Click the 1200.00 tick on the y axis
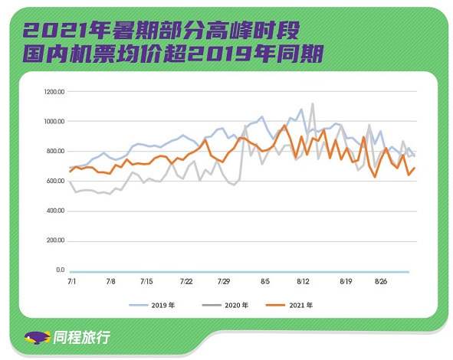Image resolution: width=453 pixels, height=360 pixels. [54, 92]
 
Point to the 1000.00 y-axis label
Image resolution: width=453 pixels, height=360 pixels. [54, 122]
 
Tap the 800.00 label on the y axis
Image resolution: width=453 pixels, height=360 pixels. [55, 151]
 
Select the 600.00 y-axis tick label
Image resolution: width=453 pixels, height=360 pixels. [55, 181]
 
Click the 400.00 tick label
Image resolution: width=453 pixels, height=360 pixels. [55, 211]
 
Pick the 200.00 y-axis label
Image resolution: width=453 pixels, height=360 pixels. [55, 241]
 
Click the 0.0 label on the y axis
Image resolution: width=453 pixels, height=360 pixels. [61, 270]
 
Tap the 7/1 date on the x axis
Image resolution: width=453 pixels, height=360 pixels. [71, 281]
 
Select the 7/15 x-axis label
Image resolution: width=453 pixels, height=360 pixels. [146, 281]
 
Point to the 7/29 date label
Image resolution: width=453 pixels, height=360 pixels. [224, 281]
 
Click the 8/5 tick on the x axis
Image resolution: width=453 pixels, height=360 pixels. [265, 281]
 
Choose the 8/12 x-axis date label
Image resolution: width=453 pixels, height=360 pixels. [303, 281]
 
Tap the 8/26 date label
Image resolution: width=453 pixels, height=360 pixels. [381, 281]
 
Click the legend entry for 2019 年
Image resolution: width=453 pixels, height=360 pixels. [152, 305]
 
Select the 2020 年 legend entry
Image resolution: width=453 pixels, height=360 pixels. [225, 305]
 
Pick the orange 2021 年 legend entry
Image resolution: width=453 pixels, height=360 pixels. [290, 305]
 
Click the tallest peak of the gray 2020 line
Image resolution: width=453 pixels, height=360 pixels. [313, 103]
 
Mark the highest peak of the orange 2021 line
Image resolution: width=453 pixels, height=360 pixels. [284, 126]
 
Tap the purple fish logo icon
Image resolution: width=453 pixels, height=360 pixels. [37, 338]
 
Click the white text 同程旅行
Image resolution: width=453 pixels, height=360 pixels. [81, 337]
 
